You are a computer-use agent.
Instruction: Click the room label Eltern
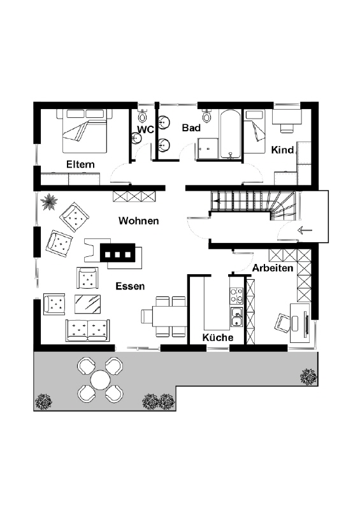(80, 164)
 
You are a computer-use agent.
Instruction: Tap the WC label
(145, 129)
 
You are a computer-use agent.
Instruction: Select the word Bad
(191, 128)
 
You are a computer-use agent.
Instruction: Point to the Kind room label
(282, 150)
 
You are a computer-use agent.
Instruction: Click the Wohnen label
(138, 221)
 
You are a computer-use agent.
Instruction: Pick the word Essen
(130, 286)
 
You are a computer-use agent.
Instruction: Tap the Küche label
(218, 337)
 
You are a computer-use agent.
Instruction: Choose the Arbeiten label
(273, 268)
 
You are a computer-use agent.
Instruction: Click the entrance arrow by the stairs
(305, 231)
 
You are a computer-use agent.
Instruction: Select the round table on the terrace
(101, 380)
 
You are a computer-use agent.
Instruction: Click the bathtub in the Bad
(231, 135)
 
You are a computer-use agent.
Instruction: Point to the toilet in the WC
(143, 115)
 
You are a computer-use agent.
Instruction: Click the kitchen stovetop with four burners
(236, 295)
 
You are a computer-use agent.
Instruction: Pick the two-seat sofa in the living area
(87, 330)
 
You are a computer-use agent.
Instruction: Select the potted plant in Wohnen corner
(49, 202)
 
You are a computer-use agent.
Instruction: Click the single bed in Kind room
(255, 131)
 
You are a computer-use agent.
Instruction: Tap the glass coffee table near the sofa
(87, 304)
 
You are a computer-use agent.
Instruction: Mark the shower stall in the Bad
(208, 149)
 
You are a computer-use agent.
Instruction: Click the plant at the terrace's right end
(308, 377)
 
